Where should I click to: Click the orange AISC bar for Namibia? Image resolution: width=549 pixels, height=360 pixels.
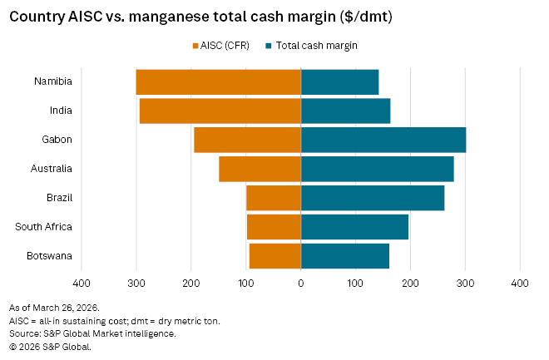218,81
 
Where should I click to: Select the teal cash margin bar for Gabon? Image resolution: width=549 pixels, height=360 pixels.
383,140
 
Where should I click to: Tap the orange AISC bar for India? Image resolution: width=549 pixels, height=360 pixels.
220,111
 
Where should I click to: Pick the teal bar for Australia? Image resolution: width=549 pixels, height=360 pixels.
377,169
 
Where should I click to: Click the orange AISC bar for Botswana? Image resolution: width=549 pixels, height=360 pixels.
274,256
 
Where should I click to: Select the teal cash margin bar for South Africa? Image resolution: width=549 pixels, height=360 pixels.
354,227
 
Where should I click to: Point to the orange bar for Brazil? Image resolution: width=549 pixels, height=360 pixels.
274,198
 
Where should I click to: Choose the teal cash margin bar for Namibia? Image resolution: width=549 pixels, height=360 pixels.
339,81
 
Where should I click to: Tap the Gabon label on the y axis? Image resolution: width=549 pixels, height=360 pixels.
56,140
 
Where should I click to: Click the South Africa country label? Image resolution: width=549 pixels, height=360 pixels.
43,227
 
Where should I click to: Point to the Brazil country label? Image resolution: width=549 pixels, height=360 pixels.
58,198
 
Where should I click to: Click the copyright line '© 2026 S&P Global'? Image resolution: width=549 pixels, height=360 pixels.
50,347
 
